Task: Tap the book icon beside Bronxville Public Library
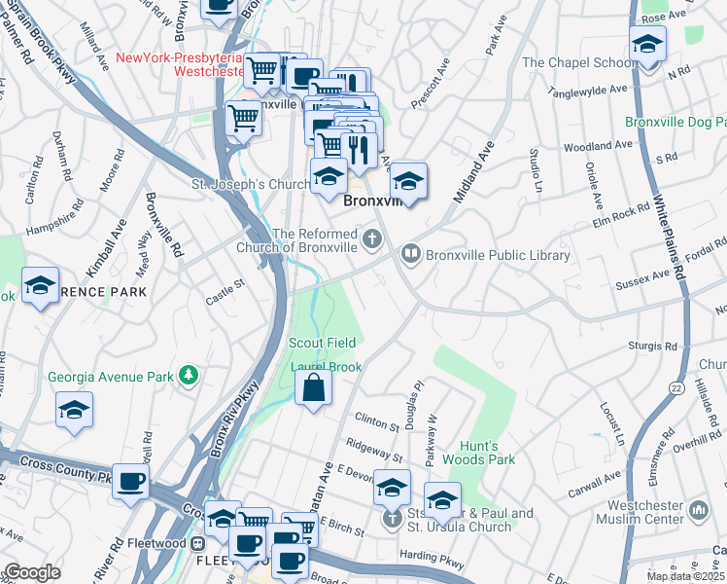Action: tap(411, 255)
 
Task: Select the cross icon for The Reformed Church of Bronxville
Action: tap(371, 238)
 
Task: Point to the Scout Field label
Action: tap(322, 343)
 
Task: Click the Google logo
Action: tap(32, 572)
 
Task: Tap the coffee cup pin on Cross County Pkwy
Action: tap(130, 480)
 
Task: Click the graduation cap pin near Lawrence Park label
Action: tap(40, 286)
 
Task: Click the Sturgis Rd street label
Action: tap(653, 346)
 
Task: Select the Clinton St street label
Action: tap(378, 423)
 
